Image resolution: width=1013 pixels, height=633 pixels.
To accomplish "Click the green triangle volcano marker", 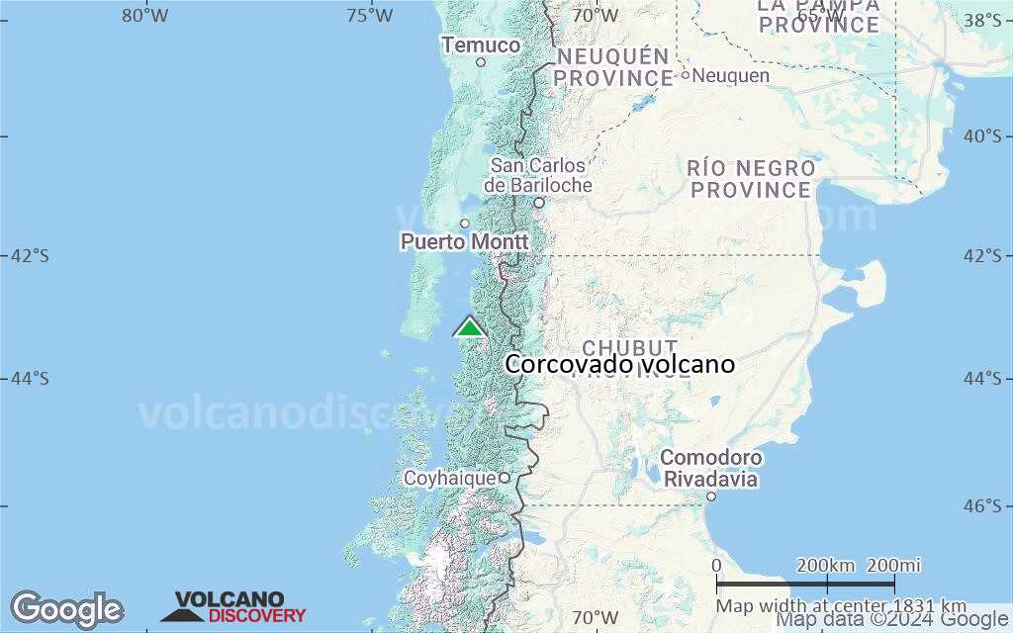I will click(x=469, y=326).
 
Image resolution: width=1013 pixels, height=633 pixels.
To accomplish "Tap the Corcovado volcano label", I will click(x=619, y=365).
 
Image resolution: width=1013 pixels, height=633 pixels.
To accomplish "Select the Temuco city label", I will click(x=481, y=45).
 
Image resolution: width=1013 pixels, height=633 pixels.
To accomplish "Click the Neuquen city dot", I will click(x=685, y=75).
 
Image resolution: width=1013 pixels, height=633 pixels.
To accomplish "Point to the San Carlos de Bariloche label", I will click(x=538, y=175).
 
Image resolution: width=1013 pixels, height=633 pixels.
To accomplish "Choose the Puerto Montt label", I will click(x=464, y=241).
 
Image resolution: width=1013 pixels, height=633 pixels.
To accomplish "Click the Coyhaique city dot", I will click(x=504, y=478).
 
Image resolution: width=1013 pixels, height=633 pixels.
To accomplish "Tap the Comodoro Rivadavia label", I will click(x=711, y=469).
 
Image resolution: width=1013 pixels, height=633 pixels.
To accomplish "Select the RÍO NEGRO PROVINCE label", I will click(x=751, y=179).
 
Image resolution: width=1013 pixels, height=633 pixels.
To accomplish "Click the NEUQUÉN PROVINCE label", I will click(x=612, y=67).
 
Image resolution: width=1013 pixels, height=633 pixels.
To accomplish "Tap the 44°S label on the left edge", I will click(x=29, y=379).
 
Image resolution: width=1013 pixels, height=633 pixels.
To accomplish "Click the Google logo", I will click(x=66, y=609).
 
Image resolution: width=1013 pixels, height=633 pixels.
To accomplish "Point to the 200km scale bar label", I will click(x=825, y=566).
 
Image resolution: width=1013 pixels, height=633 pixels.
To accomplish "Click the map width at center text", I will click(x=841, y=606).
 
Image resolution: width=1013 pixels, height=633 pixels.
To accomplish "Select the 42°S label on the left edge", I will click(x=29, y=256).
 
